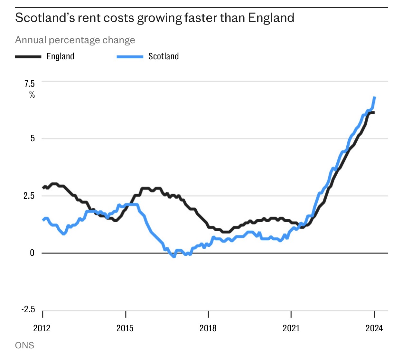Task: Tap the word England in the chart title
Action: click(271, 18)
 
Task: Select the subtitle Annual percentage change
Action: click(75, 40)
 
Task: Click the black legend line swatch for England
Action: click(28, 57)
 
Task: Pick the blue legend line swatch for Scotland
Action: click(130, 57)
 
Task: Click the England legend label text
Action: click(61, 56)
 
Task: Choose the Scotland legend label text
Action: click(164, 56)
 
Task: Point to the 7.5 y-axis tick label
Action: click(29, 84)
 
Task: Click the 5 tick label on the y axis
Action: click(33, 139)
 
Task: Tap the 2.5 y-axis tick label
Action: click(29, 196)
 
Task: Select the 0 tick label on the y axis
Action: click(32, 253)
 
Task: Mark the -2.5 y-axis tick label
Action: click(28, 309)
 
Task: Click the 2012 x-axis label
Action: click(42, 328)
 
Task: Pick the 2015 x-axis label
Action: click(125, 328)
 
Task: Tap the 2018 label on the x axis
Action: click(208, 328)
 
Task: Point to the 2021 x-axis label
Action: click(291, 328)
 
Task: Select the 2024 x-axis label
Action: click(374, 328)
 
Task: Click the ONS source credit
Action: click(24, 345)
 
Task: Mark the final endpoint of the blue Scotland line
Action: click(375, 97)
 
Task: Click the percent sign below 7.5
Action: click(32, 95)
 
